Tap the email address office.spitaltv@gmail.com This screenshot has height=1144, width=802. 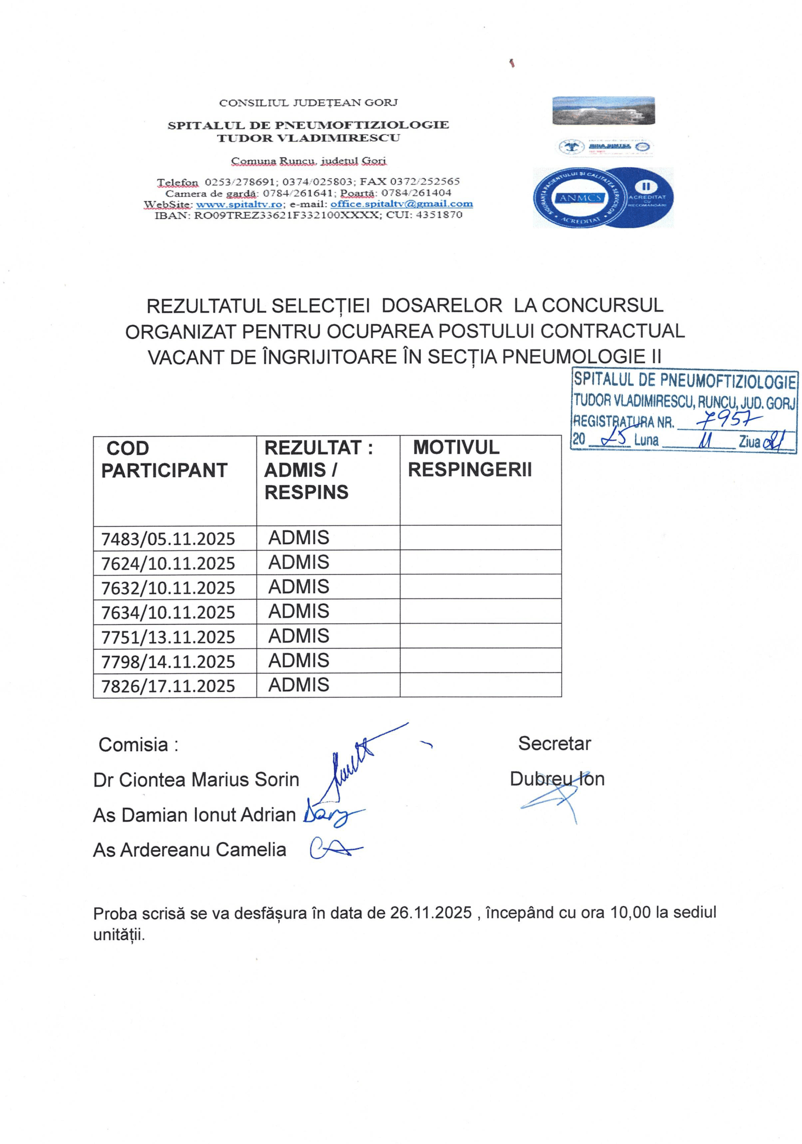pos(402,204)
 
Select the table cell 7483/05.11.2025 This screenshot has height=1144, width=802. pos(168,539)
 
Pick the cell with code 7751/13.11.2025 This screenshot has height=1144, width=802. pos(168,637)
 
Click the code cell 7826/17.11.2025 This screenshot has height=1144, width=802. pos(168,686)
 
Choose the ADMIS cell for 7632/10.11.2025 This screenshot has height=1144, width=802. pos(299,587)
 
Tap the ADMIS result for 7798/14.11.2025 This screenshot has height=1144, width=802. pos(299,660)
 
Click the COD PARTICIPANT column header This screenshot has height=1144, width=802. pos(164,459)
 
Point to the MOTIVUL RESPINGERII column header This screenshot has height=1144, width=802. pos(470,458)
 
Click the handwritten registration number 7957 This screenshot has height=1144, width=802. pos(728,421)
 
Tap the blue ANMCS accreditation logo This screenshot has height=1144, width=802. pos(603,198)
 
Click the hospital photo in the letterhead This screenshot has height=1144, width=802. pos(603,111)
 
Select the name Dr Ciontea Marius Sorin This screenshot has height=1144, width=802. pos(196,780)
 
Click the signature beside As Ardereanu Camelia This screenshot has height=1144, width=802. pos(334,849)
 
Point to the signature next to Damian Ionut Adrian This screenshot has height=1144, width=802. pos(331,815)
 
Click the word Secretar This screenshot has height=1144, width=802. pos(554,744)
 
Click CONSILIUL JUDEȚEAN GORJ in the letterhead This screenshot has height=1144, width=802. pos(308,103)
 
